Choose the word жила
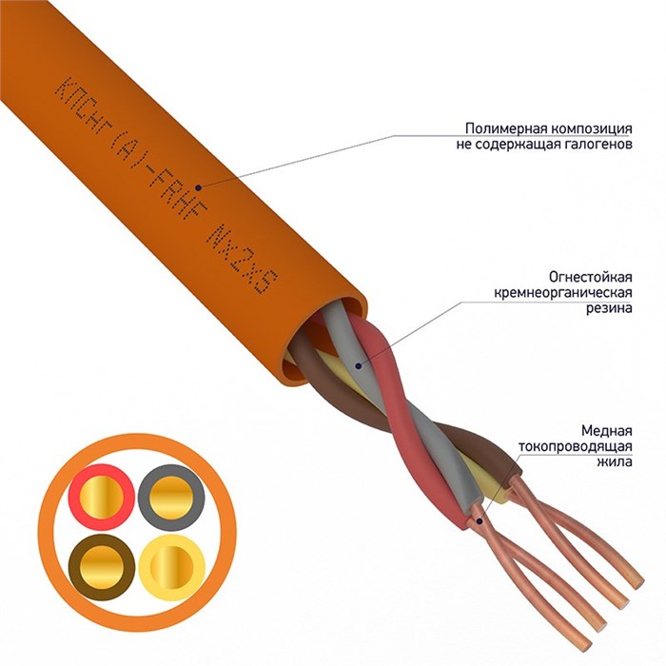pyautogui.click(x=616, y=463)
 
